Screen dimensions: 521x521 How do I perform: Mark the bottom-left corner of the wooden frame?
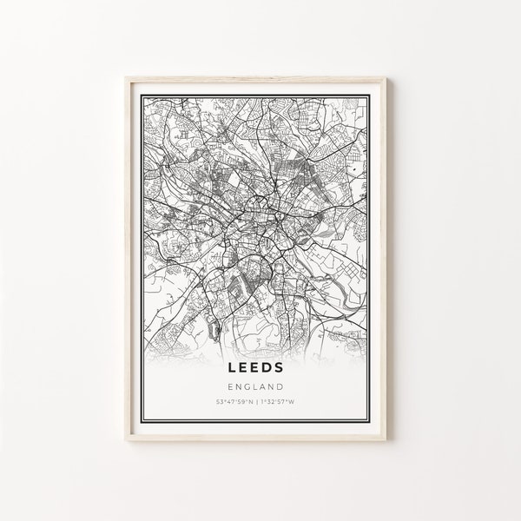point(127,439)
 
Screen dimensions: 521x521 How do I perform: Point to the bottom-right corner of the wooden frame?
point(394,439)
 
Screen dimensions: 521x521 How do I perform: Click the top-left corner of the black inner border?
point(142,83)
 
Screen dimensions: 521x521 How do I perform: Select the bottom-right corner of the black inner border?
point(379,423)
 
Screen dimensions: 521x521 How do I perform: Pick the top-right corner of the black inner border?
point(379,83)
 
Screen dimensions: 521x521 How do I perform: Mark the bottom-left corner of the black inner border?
point(142,423)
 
